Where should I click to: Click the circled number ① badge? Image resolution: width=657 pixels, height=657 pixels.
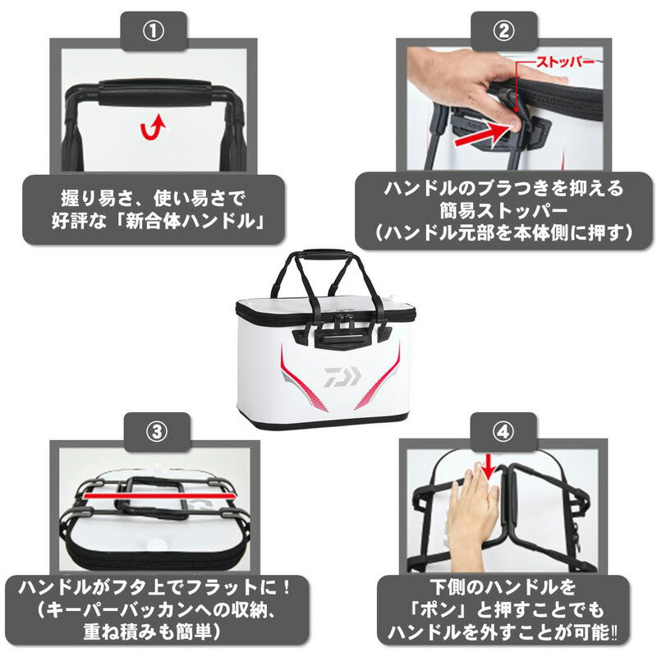click(154, 31)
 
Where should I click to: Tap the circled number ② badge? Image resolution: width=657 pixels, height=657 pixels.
click(503, 31)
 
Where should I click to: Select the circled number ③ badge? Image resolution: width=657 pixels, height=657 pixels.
click(157, 432)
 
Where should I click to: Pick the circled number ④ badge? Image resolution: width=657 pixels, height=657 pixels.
click(503, 432)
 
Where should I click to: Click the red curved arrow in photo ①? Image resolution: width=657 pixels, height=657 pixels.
click(153, 128)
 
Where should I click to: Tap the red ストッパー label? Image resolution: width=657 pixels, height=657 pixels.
click(565, 62)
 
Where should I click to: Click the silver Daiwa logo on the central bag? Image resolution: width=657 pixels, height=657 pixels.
click(342, 376)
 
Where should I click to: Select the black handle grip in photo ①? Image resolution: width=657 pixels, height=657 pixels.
click(155, 93)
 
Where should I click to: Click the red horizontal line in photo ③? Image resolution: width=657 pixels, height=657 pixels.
click(158, 496)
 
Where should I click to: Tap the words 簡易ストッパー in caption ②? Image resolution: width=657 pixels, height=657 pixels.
click(503, 211)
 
